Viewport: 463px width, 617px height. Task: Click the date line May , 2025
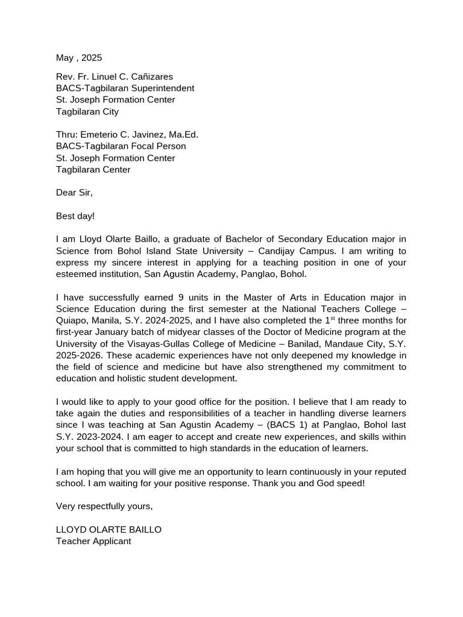tap(79, 58)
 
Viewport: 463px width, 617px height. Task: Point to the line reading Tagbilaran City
tap(87, 111)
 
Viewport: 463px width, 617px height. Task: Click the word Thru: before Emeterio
tap(66, 134)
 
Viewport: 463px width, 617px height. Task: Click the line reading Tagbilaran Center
tap(93, 169)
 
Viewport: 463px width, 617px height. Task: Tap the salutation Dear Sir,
tap(75, 193)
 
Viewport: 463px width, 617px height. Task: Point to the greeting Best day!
tap(75, 216)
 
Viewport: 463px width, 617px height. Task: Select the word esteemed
tap(77, 274)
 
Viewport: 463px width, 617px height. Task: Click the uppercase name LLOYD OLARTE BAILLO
tap(109, 530)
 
